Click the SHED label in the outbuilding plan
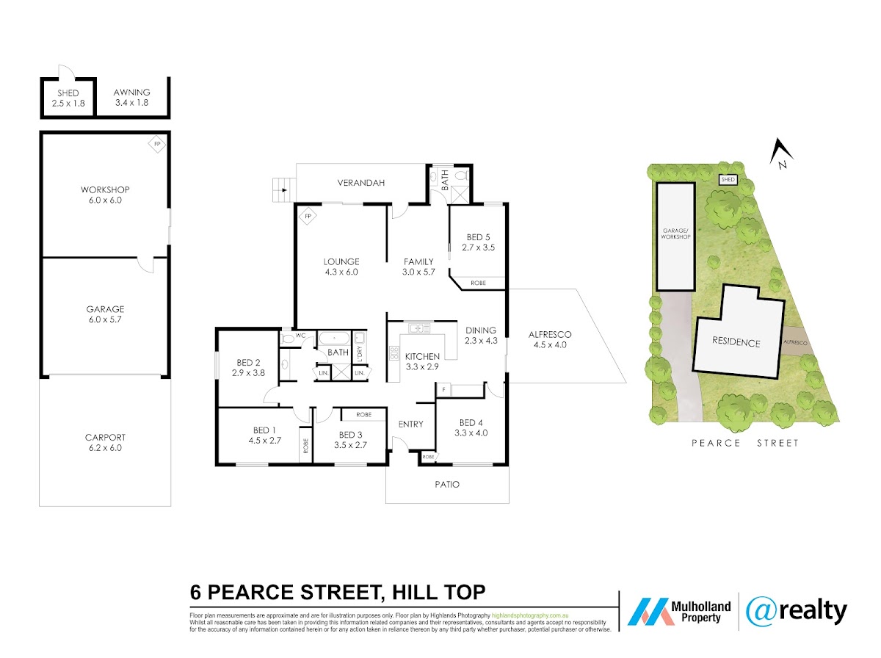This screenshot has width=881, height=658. click(68, 93)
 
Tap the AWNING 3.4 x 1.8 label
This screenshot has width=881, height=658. click(131, 98)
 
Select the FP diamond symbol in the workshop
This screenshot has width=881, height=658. click(157, 144)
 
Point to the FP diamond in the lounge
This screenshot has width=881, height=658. click(308, 217)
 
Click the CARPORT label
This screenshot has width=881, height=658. click(105, 437)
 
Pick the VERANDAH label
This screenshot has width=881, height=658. click(360, 183)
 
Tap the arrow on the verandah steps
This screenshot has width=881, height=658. click(284, 190)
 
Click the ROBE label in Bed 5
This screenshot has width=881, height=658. click(478, 283)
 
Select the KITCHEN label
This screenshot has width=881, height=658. click(422, 356)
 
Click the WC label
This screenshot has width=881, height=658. click(300, 336)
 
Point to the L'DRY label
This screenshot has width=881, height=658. click(360, 353)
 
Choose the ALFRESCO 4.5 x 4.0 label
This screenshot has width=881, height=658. click(550, 339)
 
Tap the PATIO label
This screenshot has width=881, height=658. click(447, 485)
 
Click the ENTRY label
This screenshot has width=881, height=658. click(410, 424)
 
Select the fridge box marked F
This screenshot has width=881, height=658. click(444, 389)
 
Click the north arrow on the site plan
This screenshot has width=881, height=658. click(780, 153)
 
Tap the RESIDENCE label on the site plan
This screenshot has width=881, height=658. click(736, 342)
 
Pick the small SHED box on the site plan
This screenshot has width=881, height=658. click(728, 179)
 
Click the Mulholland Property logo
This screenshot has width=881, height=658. click(679, 612)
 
